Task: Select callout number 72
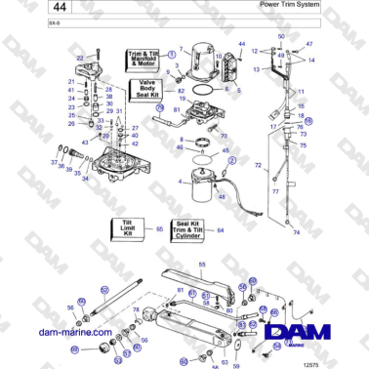(x=258, y=167)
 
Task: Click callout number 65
(x=160, y=229)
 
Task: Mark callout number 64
(x=221, y=230)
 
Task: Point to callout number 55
(x=202, y=265)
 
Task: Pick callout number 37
(x=53, y=162)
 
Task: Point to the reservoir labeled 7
(x=203, y=57)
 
